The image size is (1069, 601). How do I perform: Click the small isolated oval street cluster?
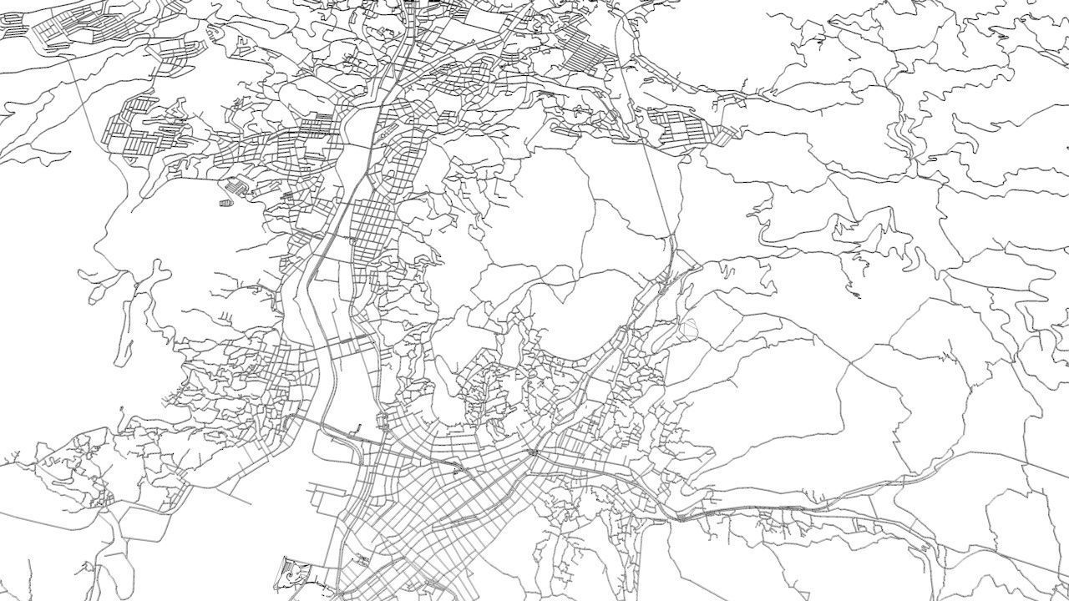(225, 203)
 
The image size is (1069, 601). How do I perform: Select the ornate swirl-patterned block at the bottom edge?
(293, 573)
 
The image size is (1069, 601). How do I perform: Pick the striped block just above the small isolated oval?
(238, 185)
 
